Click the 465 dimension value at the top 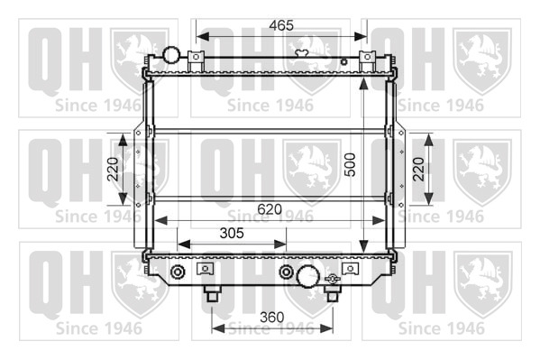[281, 25]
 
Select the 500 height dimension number [350, 165]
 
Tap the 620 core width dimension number [270, 209]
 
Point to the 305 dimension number [232, 234]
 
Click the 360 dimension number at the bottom [272, 318]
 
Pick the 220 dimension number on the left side [113, 169]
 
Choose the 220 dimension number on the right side [418, 169]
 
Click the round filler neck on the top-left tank [171, 54]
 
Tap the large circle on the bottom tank [307, 276]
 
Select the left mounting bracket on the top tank [196, 61]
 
